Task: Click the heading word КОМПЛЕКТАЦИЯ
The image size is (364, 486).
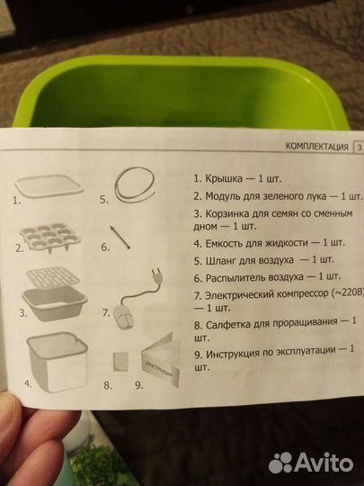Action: coord(315,146)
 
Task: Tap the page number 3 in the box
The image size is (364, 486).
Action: coord(359,147)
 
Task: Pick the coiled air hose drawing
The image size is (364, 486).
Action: coord(136,184)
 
